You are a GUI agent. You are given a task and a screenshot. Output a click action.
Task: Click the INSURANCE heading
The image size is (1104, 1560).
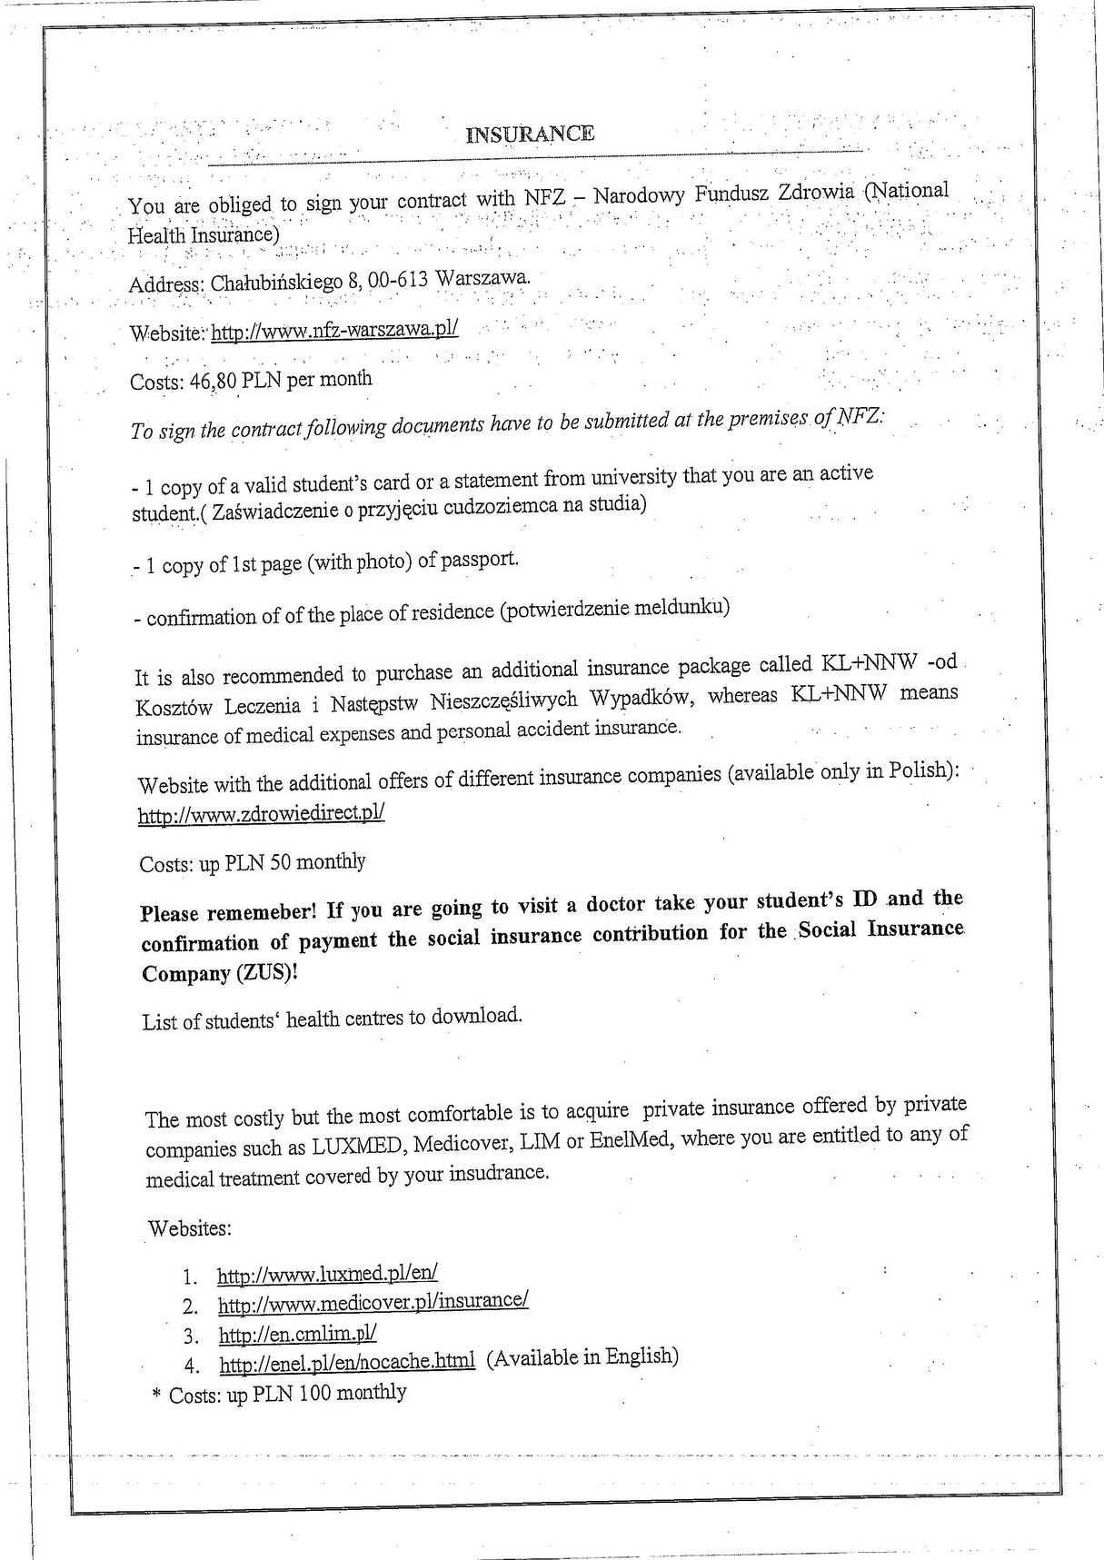point(530,134)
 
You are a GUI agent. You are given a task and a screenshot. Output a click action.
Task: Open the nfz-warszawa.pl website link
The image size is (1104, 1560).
point(334,330)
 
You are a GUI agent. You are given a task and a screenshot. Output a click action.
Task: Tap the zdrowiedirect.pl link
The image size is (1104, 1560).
point(262,813)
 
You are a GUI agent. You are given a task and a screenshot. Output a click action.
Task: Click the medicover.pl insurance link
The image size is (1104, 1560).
point(373,1303)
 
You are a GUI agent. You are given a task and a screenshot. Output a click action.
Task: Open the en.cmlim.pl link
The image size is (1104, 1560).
point(297,1334)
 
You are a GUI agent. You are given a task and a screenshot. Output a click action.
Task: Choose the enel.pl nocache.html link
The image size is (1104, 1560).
point(347,1362)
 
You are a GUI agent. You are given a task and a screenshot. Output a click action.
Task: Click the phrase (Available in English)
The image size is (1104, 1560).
point(582,1356)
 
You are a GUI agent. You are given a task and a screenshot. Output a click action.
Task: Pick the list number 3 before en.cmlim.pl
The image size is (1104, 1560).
point(190,1336)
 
